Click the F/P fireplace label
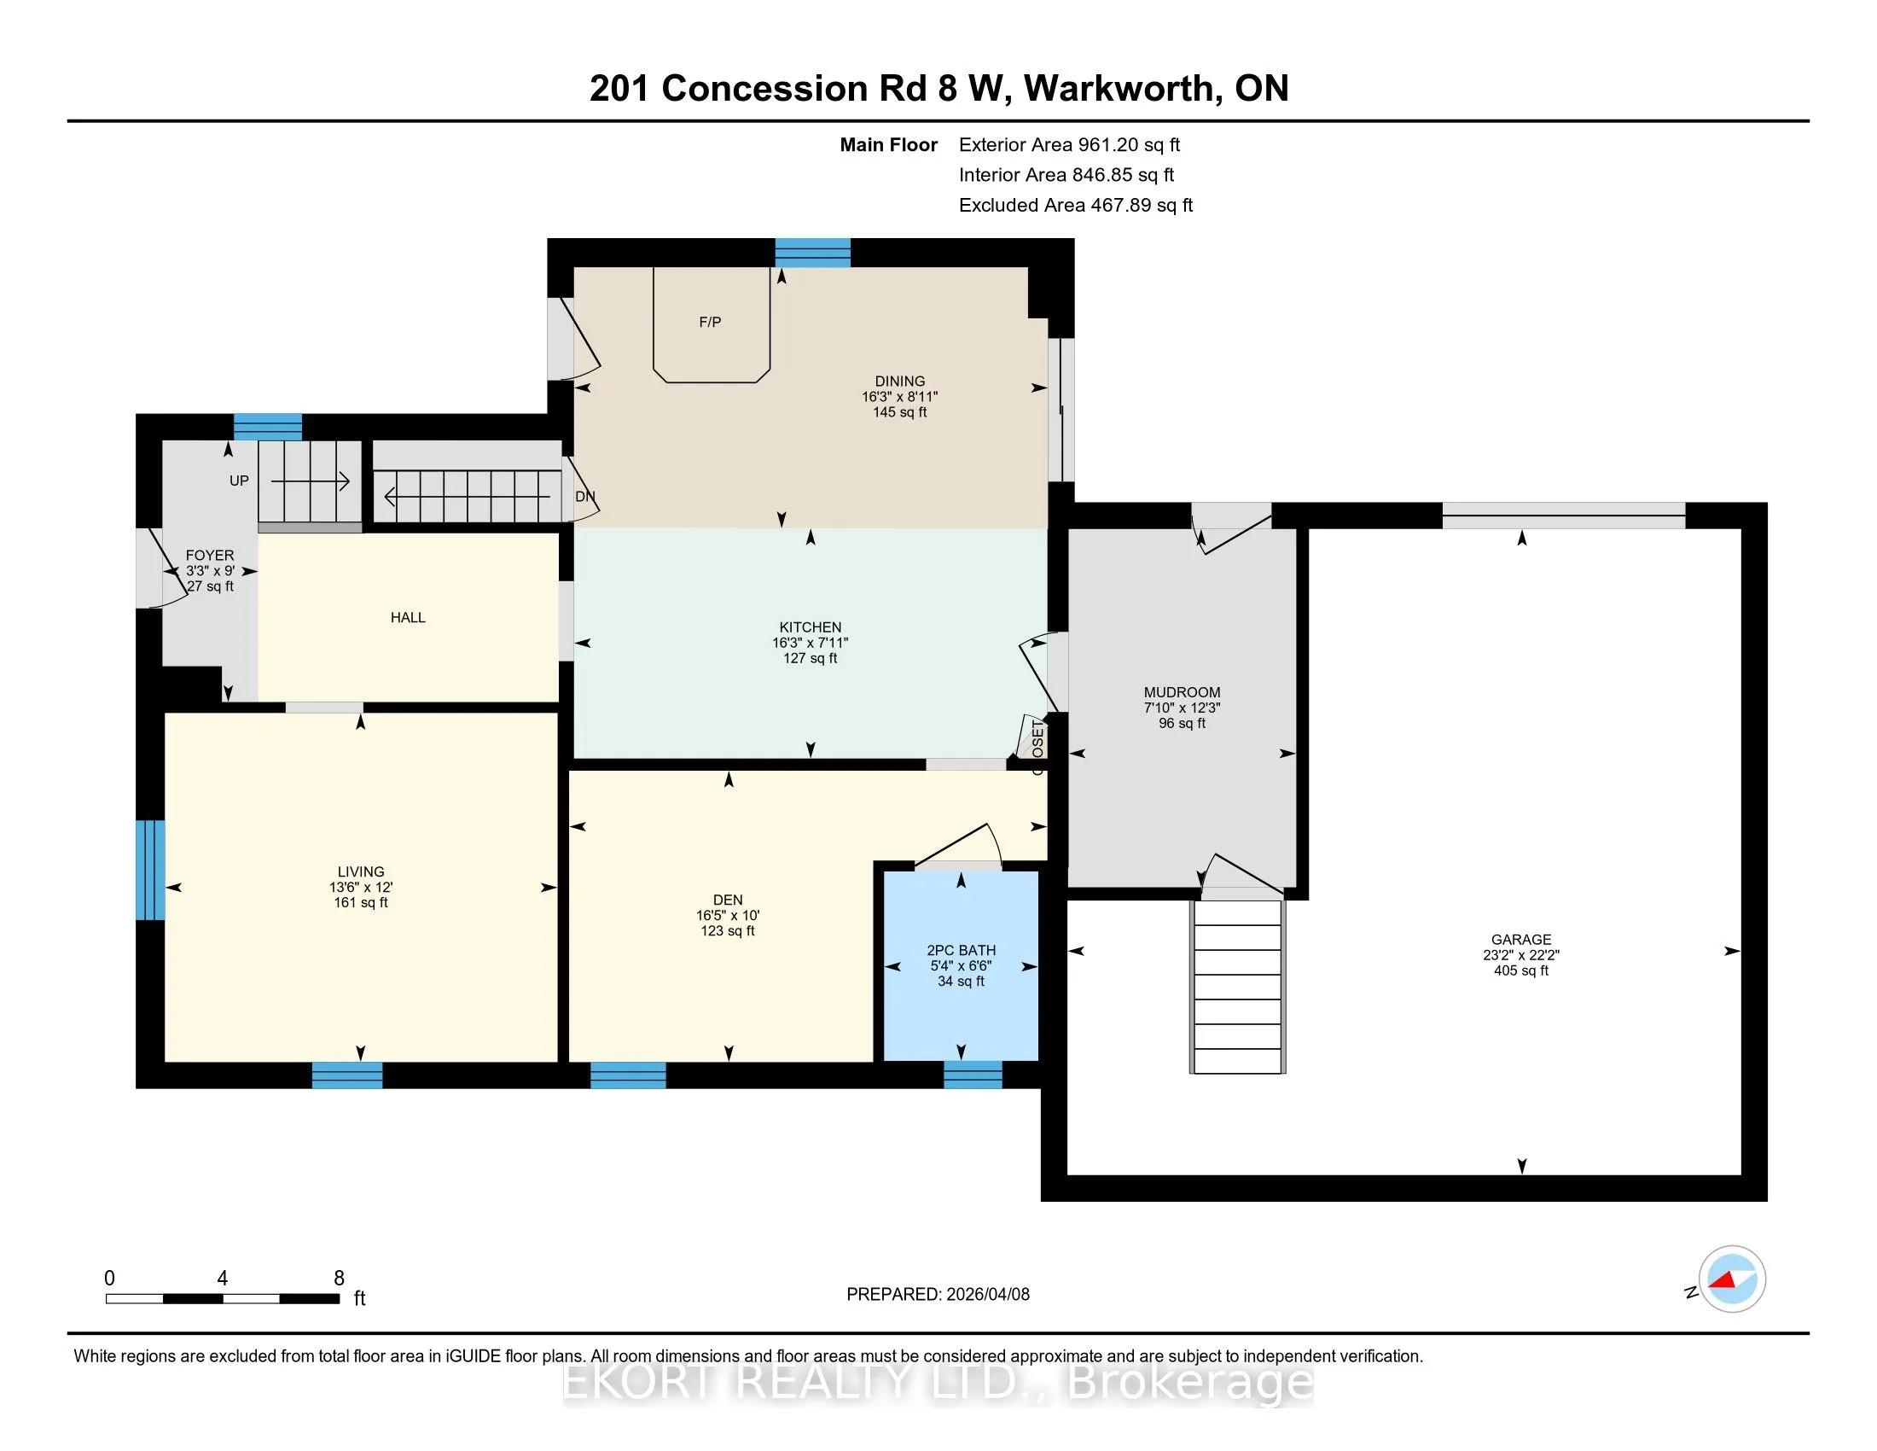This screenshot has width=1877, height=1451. point(710,323)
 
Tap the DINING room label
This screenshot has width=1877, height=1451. point(900,381)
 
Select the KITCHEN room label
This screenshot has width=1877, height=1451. point(811,627)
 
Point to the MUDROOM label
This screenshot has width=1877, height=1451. point(1182,692)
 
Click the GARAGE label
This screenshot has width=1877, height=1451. point(1521,940)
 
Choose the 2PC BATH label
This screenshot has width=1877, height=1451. point(961,950)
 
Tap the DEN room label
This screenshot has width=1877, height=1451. point(728,900)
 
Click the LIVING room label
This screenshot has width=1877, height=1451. point(361,871)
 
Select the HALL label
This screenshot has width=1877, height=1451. point(408,617)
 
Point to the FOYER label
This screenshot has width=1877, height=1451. point(210,556)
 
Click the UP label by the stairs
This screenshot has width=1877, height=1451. point(239,481)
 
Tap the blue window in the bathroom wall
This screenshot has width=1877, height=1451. point(973,1075)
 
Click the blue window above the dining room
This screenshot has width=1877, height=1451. point(813,253)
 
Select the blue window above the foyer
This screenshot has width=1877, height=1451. point(268,428)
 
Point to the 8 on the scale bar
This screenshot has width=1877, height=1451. point(340,1279)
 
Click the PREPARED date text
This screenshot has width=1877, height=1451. point(938,1295)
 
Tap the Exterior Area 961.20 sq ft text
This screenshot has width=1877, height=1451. point(1069,145)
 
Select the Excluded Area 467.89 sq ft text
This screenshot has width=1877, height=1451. point(1076,206)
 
